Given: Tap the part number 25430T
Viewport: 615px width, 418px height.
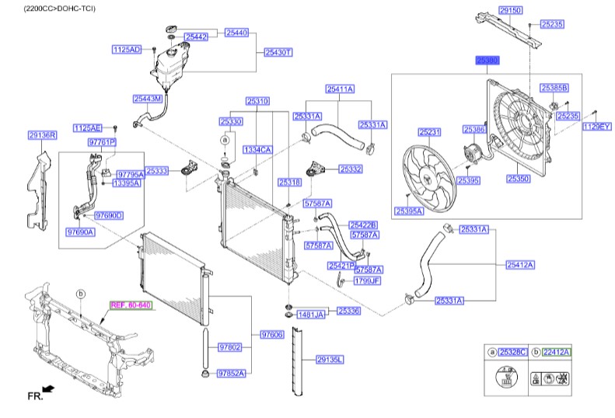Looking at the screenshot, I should (x=278, y=52).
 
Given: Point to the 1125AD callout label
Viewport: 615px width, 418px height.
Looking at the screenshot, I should (x=127, y=50).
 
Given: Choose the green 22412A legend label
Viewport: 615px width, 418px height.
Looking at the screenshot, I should (x=556, y=352).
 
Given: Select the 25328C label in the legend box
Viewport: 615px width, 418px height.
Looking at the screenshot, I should (x=512, y=352).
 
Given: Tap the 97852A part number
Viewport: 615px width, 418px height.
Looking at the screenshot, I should (x=231, y=373).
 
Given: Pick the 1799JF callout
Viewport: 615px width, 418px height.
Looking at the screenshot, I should (x=367, y=281).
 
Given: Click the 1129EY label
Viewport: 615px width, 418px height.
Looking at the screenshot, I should (x=597, y=125).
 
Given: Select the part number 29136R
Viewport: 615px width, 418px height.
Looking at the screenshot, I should (x=42, y=135).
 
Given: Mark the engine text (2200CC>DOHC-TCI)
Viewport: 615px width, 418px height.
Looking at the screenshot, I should (x=58, y=8).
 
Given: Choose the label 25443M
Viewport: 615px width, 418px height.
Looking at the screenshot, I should (x=147, y=99).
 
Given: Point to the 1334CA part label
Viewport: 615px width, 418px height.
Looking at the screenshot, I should (x=257, y=149).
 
